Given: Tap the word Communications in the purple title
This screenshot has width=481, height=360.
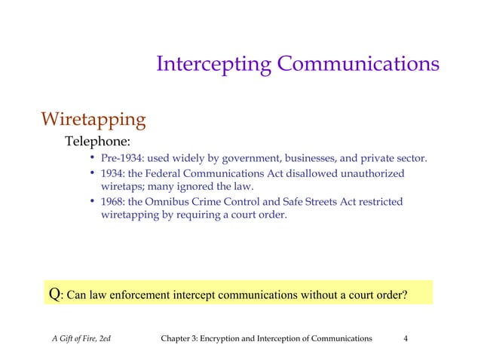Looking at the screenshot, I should pyautogui.click(x=358, y=64).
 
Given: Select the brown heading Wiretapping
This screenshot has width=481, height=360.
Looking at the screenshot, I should pyautogui.click(x=93, y=119).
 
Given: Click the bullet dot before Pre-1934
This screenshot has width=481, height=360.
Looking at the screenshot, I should pyautogui.click(x=91, y=159).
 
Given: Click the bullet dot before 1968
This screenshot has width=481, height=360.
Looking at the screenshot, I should pyautogui.click(x=91, y=202).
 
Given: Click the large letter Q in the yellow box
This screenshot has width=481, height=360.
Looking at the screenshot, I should pyautogui.click(x=54, y=293).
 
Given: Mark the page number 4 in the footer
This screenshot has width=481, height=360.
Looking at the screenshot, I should pyautogui.click(x=406, y=339).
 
